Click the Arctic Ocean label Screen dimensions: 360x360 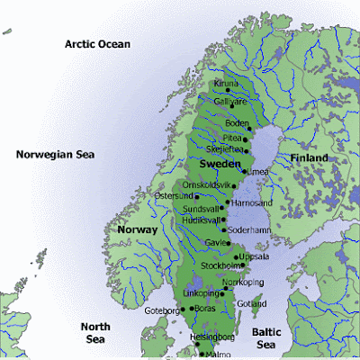pos(96,44)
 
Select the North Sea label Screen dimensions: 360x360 pos(94,334)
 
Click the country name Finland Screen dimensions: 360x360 pos(310,158)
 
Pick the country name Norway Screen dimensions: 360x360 pos(137,230)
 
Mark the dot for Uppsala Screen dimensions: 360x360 pos(229,256)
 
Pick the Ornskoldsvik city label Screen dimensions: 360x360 pos(207,184)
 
